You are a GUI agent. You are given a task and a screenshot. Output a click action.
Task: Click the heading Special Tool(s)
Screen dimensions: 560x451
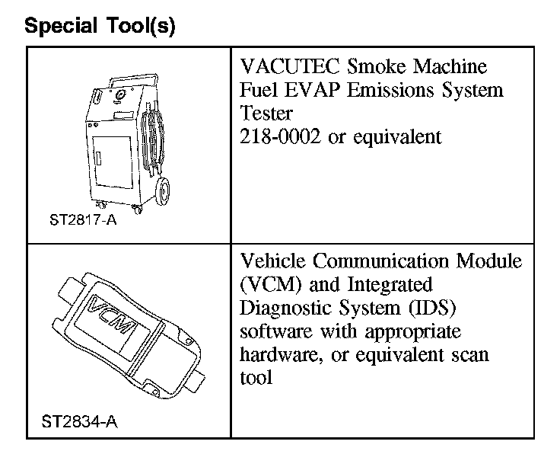[x=100, y=27]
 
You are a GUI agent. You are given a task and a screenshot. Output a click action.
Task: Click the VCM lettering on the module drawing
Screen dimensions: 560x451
[x=113, y=318]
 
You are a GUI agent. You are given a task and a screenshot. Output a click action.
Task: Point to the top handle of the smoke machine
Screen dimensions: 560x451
[x=135, y=80]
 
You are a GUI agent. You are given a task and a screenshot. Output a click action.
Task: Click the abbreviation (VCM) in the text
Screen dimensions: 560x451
[x=269, y=285]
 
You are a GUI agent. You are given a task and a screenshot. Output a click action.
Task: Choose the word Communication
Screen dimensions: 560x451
[x=386, y=261]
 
